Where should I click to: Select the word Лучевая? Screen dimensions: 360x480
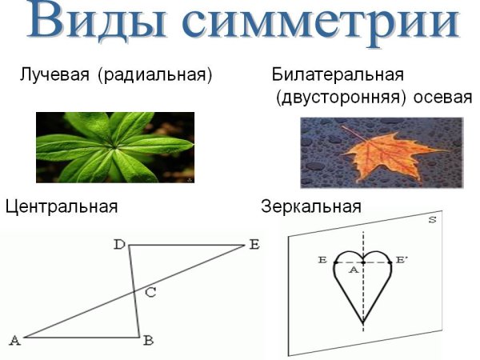53,76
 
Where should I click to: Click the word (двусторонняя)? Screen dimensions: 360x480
336,98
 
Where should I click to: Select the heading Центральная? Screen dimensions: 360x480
62,206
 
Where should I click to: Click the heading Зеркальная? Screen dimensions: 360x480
311,206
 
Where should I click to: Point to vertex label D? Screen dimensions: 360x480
118,246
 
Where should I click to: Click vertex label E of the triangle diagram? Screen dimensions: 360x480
254,245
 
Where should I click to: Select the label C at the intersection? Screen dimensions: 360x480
150,292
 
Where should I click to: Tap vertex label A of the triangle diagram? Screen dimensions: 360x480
14,340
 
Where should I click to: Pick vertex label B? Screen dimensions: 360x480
148,340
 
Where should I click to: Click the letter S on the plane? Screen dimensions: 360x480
431,219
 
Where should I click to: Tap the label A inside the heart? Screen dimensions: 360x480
352,270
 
